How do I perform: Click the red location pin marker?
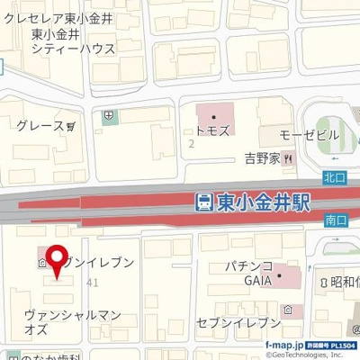58,261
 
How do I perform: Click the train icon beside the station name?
205,202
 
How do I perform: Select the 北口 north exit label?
335,175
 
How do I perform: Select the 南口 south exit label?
335,219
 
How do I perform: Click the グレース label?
40,126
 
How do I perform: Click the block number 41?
92,282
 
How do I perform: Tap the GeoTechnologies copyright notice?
310,354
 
